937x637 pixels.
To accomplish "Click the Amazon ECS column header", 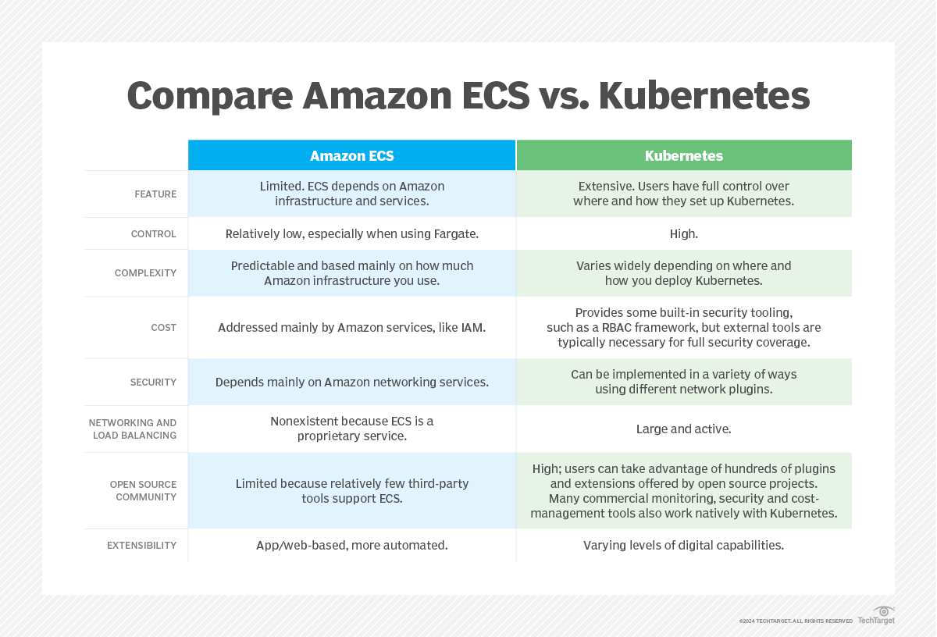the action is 352,155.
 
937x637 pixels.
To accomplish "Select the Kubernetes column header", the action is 684,155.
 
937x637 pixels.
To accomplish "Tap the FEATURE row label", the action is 155,194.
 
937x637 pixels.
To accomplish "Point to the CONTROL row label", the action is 154,234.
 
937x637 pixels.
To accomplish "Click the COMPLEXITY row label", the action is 145,273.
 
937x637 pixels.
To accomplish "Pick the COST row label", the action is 163,328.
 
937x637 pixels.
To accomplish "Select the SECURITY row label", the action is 153,383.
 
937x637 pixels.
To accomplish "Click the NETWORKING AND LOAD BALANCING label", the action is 133,429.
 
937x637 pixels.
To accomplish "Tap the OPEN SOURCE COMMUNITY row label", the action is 143,490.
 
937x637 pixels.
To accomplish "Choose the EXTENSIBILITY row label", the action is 142,546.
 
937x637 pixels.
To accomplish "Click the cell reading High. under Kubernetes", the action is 684,234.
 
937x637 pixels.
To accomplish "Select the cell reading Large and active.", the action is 684,429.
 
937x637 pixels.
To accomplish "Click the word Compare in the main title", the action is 209,97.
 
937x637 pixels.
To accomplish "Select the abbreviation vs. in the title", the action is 564,97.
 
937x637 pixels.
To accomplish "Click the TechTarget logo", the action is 876,616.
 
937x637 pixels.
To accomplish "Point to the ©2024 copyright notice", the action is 796,621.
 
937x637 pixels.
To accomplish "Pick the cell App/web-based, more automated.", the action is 352,546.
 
